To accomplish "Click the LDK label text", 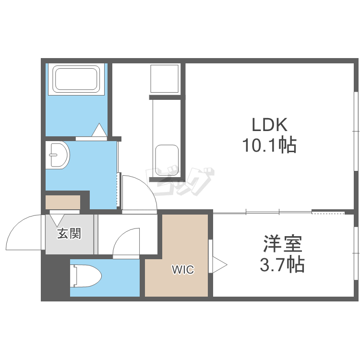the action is pyautogui.click(x=270, y=125).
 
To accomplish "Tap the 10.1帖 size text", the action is pyautogui.click(x=270, y=145).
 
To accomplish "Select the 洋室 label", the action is pyautogui.click(x=282, y=243).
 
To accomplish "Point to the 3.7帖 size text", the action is pyautogui.click(x=282, y=264).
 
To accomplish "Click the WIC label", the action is pyautogui.click(x=183, y=270).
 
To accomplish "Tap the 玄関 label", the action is pyautogui.click(x=69, y=233).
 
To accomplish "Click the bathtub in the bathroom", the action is pyautogui.click(x=76, y=79).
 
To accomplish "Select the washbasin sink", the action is pyautogui.click(x=58, y=155).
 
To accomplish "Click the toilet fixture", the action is pyautogui.click(x=85, y=276).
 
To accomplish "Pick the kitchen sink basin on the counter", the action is pyautogui.click(x=167, y=160).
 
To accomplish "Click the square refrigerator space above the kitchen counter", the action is pyautogui.click(x=164, y=79).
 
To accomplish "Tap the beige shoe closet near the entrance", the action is pyautogui.click(x=63, y=202).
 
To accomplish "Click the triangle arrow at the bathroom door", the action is pyautogui.click(x=99, y=130).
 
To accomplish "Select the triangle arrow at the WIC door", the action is pyautogui.click(x=220, y=265).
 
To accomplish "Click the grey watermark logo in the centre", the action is pyautogui.click(x=180, y=181).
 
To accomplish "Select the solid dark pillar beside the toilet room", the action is pyautogui.click(x=55, y=276).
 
